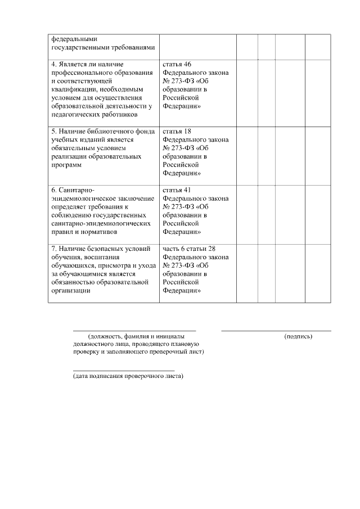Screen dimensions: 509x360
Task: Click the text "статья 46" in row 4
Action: [x=177, y=65]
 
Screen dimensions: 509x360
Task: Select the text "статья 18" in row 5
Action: [x=177, y=130]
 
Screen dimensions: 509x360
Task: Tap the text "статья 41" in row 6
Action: [x=177, y=190]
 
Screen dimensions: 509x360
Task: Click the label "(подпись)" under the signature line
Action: [x=298, y=336]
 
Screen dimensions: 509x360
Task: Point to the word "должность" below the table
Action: [x=108, y=336]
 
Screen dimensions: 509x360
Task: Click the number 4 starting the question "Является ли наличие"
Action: [x=52, y=65]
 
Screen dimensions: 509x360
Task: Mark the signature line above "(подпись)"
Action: [x=276, y=331]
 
